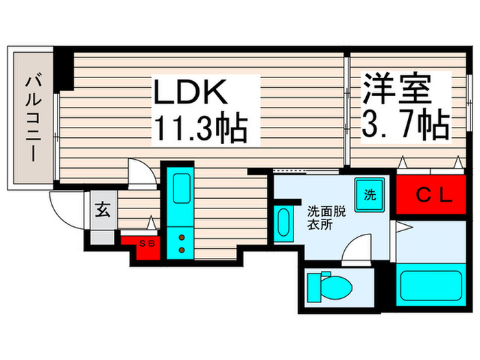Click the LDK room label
point(185,93)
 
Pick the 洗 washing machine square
point(370,193)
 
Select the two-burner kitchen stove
point(182,244)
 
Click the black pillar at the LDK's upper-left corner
point(64,69)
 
